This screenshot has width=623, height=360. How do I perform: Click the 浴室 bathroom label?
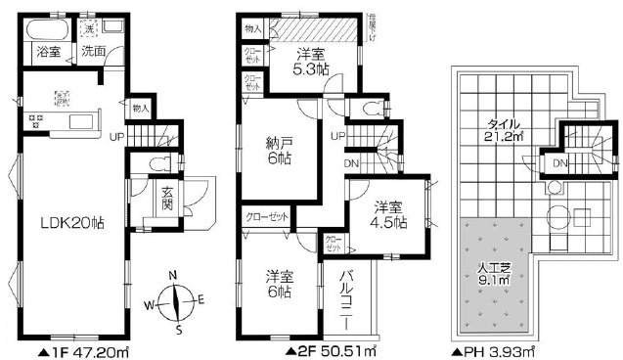point(48,52)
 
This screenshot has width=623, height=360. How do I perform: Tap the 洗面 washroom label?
point(94,52)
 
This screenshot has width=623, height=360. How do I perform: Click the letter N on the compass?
point(174,275)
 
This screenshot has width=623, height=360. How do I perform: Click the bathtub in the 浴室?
point(43,28)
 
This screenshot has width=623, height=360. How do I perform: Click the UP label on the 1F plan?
point(116,137)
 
